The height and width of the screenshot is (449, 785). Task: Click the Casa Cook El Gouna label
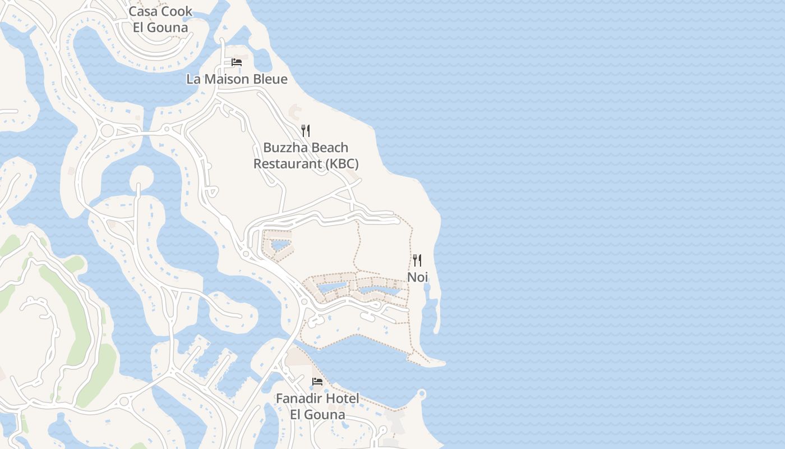coord(160,19)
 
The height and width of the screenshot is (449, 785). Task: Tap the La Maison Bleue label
coord(237,79)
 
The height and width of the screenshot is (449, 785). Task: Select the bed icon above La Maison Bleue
coord(237,62)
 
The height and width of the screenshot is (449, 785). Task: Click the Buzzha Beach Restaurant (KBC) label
coord(306,155)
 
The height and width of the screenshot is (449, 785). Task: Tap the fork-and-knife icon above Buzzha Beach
coord(306,131)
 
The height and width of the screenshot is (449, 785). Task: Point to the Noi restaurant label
coord(417,277)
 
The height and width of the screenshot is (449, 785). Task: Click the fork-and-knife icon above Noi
coord(417,260)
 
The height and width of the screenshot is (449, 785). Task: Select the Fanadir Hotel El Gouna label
coord(317,406)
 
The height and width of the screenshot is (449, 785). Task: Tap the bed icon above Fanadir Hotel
coord(317,382)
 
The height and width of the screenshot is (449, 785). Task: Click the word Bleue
coord(270,79)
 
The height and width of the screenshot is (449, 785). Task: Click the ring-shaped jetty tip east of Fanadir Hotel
coord(422,393)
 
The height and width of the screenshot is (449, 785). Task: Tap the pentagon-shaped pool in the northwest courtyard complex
coord(278,245)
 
